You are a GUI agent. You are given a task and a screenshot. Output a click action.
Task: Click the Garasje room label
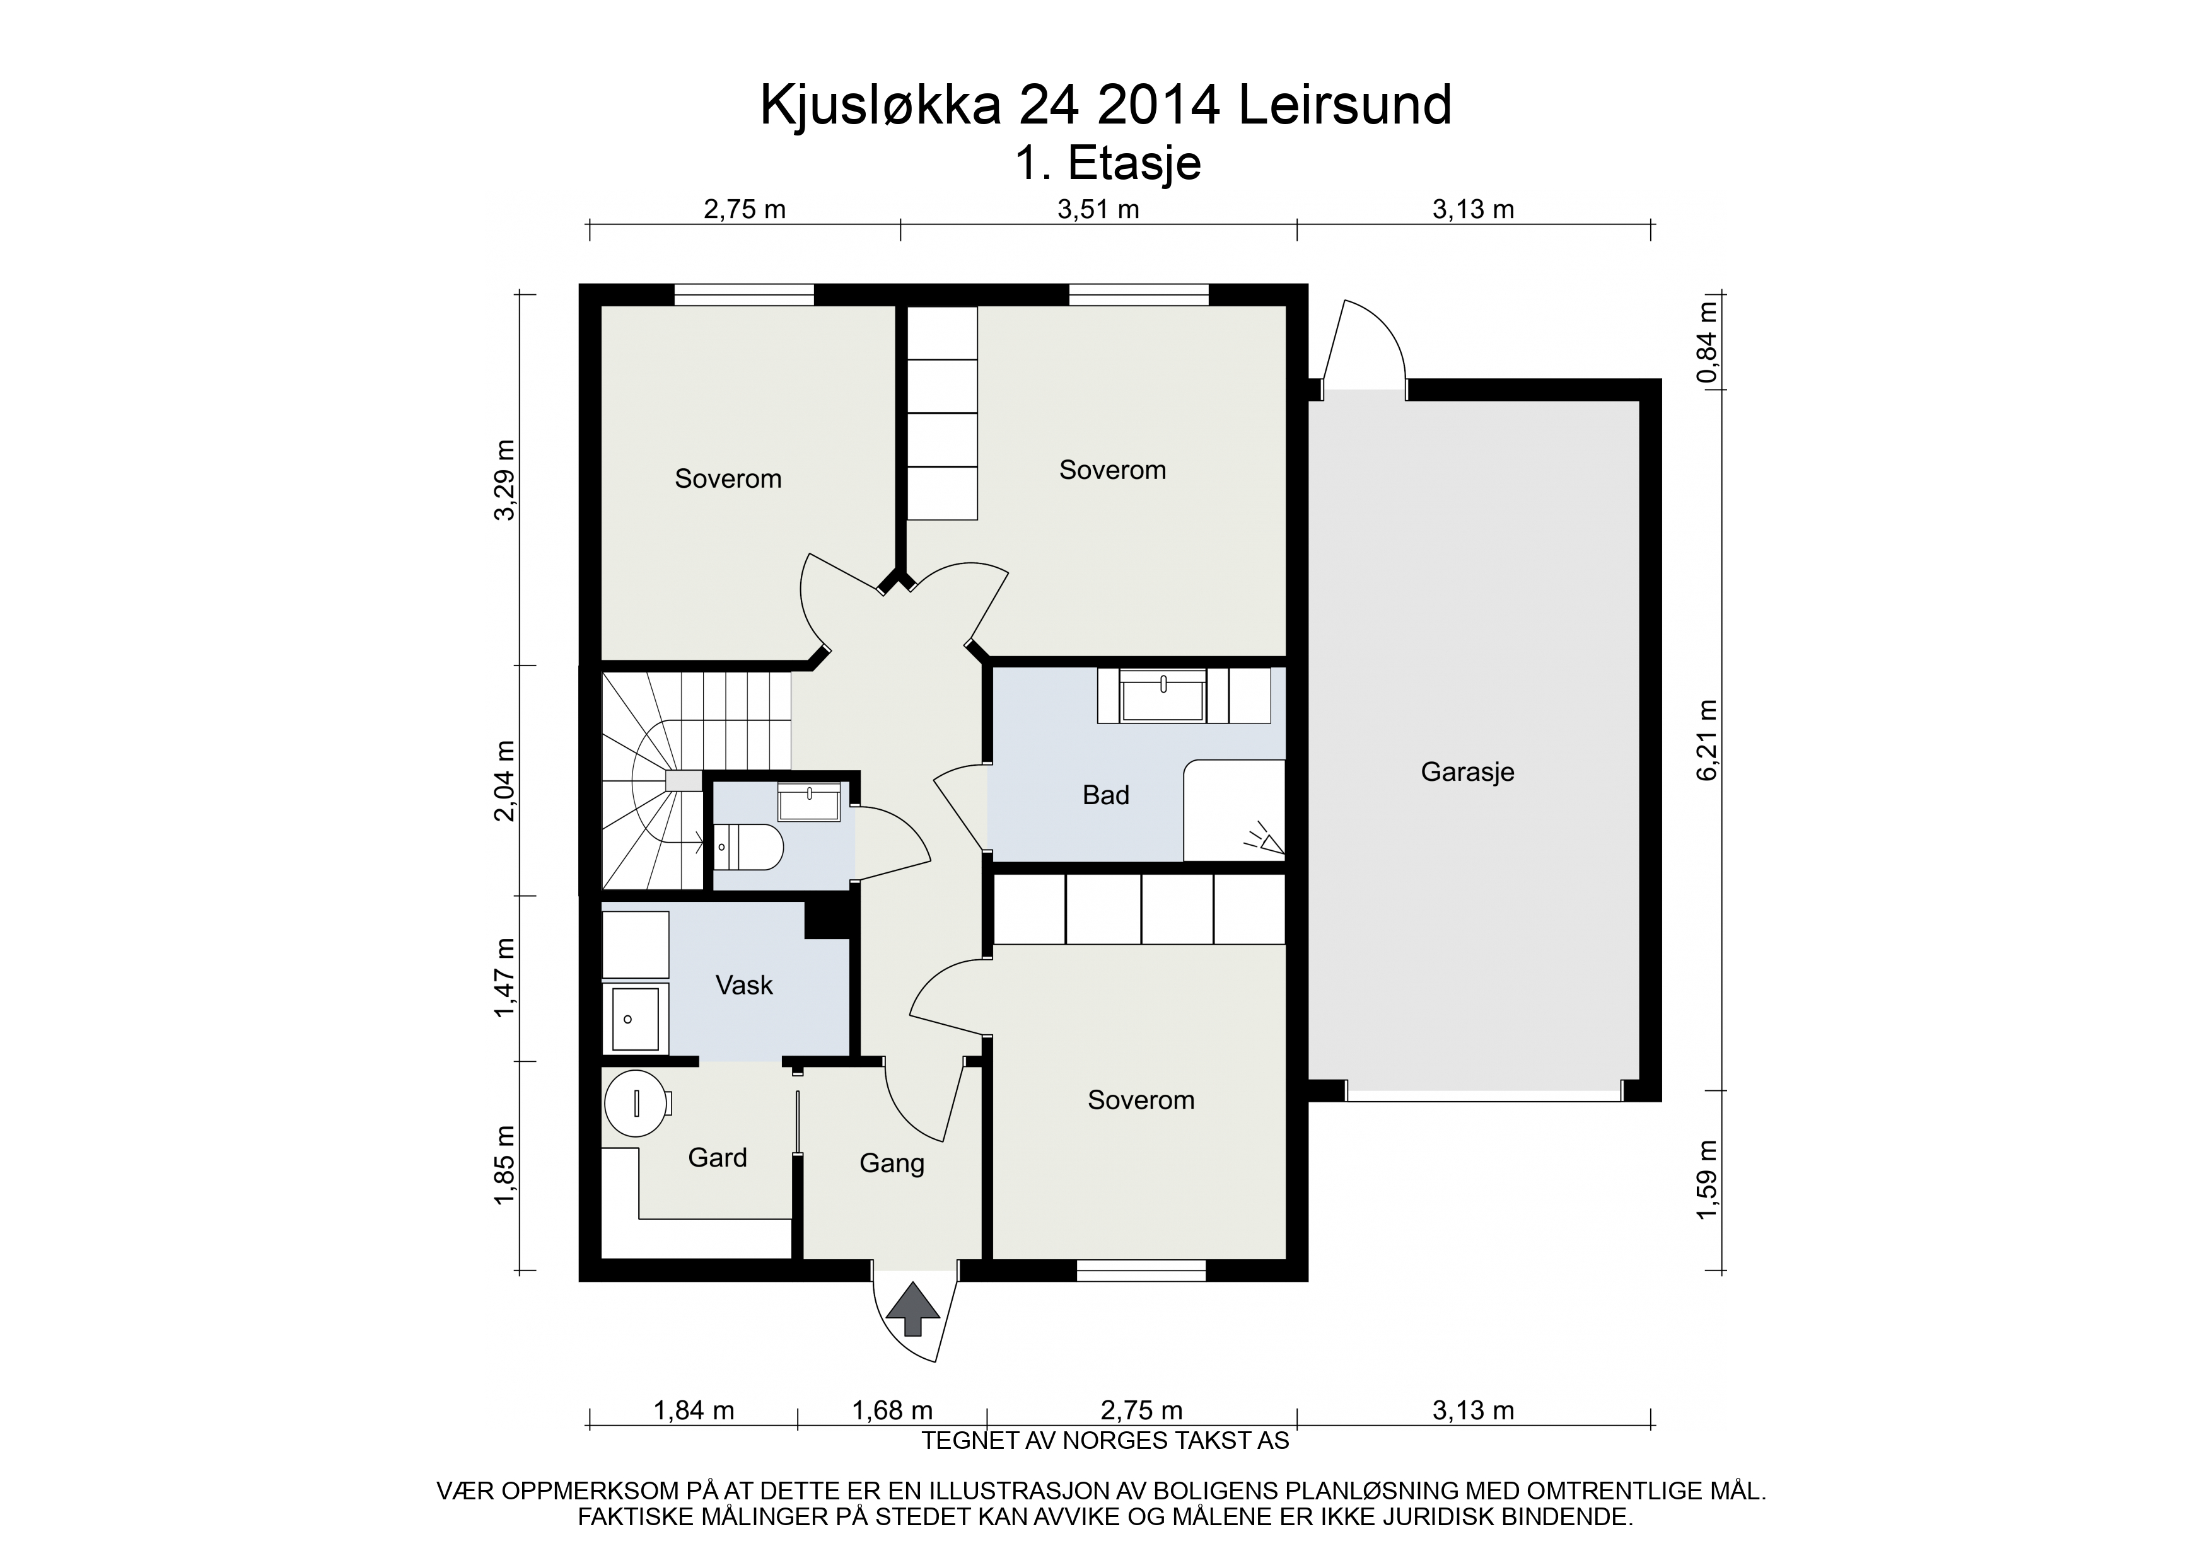[1467, 772]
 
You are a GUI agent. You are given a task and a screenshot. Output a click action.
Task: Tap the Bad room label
[1105, 795]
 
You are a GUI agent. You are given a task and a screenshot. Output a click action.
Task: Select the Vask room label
[744, 985]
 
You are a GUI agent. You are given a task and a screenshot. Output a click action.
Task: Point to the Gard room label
[717, 1158]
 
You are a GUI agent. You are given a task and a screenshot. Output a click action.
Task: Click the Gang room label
[891, 1164]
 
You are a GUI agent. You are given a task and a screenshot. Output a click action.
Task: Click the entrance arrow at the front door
[912, 1309]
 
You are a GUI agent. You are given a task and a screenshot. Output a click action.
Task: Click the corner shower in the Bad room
[1234, 810]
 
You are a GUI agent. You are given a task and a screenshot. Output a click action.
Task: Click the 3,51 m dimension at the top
[1098, 210]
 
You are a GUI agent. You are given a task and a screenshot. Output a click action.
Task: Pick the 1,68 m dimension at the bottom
[892, 1412]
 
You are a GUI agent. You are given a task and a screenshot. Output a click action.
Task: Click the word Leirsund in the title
[1345, 106]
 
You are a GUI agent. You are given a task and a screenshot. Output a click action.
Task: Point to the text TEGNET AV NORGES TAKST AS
[1105, 1441]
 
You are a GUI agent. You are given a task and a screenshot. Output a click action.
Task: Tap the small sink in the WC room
[808, 801]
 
